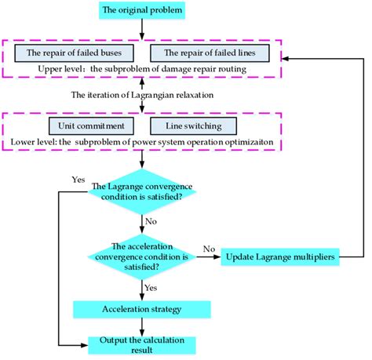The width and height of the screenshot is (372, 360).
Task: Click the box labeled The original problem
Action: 142,12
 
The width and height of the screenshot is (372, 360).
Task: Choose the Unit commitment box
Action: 87,125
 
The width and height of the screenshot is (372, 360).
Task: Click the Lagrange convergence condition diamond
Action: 142,191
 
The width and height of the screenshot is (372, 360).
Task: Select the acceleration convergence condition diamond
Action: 142,256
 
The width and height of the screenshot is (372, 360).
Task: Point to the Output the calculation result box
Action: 142,344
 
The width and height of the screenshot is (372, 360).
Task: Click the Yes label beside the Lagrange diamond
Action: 78,179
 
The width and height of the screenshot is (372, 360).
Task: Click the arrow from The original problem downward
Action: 142,29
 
